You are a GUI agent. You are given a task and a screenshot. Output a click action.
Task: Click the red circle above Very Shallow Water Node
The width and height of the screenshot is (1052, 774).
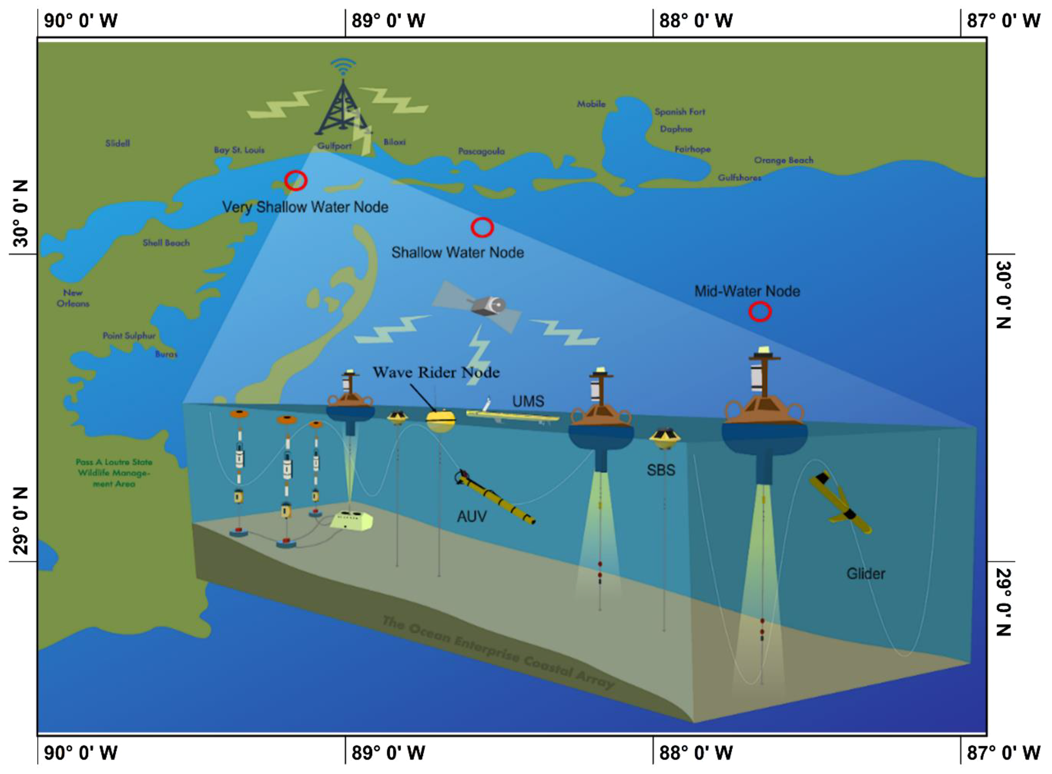(295, 180)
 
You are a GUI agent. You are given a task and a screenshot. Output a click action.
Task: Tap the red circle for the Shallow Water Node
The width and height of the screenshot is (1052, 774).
(482, 228)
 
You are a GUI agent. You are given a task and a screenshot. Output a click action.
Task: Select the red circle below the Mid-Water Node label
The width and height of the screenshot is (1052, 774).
(760, 312)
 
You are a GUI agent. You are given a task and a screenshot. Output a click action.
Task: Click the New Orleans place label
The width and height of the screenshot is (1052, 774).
(73, 298)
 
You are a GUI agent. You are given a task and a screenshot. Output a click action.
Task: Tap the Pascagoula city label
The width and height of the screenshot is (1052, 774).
(481, 151)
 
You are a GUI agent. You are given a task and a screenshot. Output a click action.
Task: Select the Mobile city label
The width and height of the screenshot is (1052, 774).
(591, 104)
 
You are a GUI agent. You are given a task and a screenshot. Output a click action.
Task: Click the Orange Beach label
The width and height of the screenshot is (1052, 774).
(784, 160)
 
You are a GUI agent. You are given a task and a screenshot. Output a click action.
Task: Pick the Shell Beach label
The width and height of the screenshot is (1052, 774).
(166, 243)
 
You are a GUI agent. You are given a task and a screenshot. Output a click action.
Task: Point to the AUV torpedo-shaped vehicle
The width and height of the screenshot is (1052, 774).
(494, 497)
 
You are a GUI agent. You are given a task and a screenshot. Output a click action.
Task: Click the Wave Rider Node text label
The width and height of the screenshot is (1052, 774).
(436, 372)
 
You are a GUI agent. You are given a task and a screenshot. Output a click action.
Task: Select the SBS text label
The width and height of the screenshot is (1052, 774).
(661, 470)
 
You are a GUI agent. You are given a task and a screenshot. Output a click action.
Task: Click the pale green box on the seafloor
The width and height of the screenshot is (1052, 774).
(352, 520)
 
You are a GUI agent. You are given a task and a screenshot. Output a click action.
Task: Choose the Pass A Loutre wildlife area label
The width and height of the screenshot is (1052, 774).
(114, 473)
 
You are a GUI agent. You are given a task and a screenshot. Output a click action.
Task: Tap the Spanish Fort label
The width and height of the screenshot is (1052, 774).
(679, 112)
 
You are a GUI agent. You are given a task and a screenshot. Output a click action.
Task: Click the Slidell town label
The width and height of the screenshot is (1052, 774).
(117, 143)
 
